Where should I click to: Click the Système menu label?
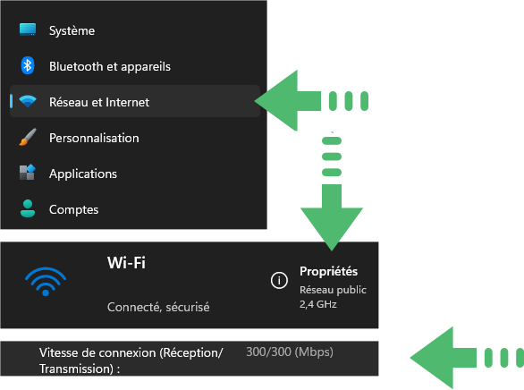72,30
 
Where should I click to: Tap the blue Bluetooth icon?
28,65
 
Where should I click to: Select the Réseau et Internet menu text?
99,102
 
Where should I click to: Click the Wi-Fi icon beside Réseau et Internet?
28,101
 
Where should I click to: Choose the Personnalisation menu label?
94,138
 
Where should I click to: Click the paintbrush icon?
28,137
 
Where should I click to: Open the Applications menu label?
83,174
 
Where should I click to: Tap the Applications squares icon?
28,173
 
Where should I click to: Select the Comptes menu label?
74,210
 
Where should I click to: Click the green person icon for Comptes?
28,208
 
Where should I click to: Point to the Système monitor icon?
28,30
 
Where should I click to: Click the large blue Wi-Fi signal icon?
46,282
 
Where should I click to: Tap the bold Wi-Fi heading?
126,263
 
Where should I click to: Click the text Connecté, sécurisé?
158,307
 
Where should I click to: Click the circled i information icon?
279,280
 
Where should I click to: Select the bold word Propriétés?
328,271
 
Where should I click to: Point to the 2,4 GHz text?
318,304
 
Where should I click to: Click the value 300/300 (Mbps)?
290,352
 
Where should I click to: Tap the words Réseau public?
333,290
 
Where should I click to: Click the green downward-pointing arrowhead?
332,229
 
